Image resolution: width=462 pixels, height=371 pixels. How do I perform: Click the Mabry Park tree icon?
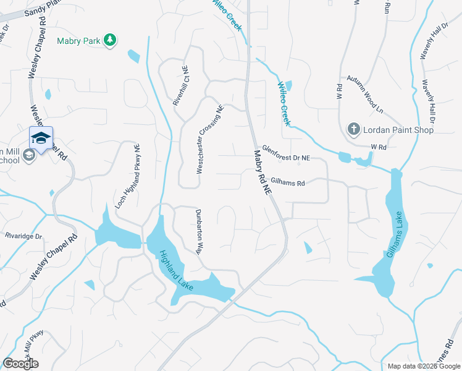click(110, 40)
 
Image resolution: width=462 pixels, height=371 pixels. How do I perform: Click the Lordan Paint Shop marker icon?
click(353, 129)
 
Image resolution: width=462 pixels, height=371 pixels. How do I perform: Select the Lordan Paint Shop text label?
click(398, 130)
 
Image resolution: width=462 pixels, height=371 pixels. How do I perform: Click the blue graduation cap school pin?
click(41, 138)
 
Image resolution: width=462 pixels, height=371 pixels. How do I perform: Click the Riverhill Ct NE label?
click(180, 87)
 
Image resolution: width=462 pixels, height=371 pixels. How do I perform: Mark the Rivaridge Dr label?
click(23, 236)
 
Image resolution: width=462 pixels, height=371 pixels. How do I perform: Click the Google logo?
click(20, 364)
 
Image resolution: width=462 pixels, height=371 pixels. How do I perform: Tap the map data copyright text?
click(423, 366)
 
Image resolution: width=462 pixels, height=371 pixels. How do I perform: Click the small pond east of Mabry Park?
click(133, 56)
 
